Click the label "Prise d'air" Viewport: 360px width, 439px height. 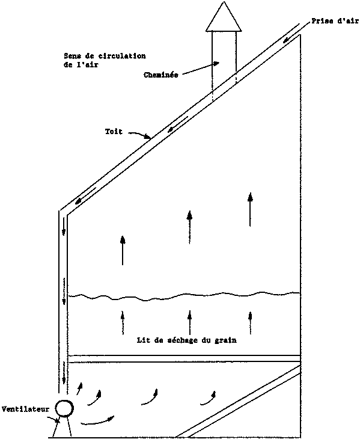pyautogui.click(x=335, y=21)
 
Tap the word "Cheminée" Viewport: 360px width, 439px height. pyautogui.click(x=161, y=75)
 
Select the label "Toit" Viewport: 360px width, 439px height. pyautogui.click(x=114, y=131)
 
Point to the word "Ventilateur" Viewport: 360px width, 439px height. pyautogui.click(x=25, y=409)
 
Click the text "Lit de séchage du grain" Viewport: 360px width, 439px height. pyautogui.click(x=186, y=340)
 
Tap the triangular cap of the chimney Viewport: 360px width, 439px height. pyautogui.click(x=224, y=16)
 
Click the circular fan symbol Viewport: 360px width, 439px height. pyautogui.click(x=64, y=408)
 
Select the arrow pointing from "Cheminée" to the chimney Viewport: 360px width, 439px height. pyautogui.click(x=201, y=69)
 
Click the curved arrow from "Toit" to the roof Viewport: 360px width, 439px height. pyautogui.click(x=140, y=134)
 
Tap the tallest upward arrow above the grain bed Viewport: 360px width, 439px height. pyautogui.click(x=250, y=209)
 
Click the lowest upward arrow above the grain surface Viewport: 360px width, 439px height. pyautogui.click(x=123, y=250)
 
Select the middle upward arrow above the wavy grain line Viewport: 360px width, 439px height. pyautogui.click(x=190, y=227)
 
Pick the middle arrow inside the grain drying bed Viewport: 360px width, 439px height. pyautogui.click(x=190, y=322)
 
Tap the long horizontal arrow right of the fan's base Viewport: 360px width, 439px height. pyautogui.click(x=97, y=421)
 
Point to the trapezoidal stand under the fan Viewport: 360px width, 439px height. pyautogui.click(x=63, y=427)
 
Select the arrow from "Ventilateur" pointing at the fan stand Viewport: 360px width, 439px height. pyautogui.click(x=53, y=419)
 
